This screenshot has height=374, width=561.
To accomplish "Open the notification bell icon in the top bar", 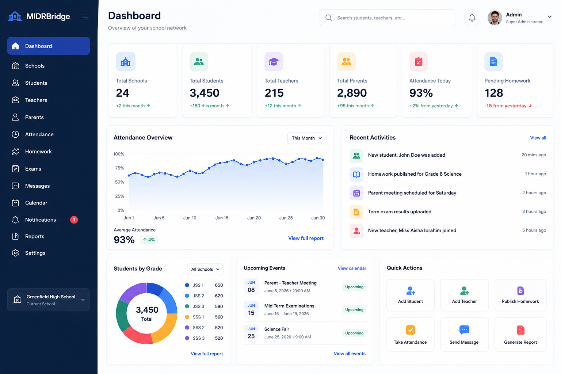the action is point(472,18).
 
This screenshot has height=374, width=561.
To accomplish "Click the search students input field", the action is point(387,18).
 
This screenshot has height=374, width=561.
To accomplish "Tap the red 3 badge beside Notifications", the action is point(74,220).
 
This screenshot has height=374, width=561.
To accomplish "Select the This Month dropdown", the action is point(307,138).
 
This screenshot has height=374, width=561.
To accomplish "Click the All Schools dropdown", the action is point(205,269).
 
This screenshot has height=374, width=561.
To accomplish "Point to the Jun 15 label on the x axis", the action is point(222,218).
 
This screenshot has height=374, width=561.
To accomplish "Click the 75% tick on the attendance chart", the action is point(119,168).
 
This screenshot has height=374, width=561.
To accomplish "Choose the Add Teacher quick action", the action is point(464,295).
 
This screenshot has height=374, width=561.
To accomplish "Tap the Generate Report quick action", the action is point(520,335).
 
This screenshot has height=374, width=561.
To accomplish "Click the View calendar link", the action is point(352,268).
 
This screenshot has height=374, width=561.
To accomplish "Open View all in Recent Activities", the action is point(538,138).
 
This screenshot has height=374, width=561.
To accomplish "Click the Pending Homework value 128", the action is point(494,93).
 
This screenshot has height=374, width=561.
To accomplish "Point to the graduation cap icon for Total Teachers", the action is point(274,62).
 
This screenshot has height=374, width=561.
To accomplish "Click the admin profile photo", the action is point(495,18).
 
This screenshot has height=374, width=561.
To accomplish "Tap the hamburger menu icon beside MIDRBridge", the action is point(85,17).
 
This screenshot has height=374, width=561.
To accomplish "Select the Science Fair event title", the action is point(277,329).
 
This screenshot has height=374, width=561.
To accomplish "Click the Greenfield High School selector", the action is point(49,300).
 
